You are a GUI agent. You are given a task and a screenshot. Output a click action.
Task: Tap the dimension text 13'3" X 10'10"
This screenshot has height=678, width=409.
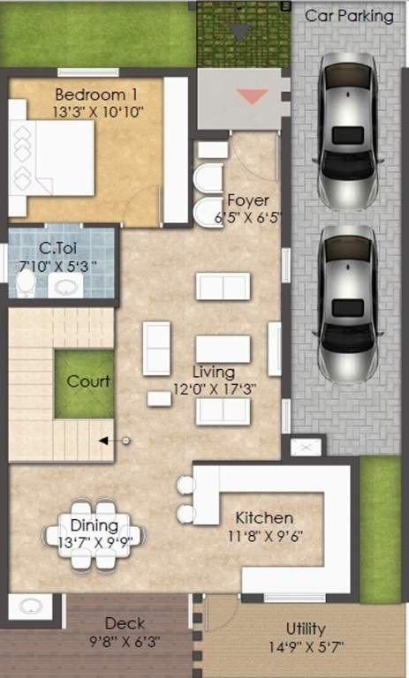[x=98, y=112]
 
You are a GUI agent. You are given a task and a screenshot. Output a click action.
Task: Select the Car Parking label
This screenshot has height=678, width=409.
[x=349, y=16]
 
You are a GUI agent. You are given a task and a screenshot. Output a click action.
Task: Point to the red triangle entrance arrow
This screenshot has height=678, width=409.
[x=253, y=96]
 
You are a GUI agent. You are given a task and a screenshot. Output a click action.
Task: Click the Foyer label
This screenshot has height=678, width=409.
[x=247, y=200]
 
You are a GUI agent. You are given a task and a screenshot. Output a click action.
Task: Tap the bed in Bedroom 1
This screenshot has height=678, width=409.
[x=51, y=157]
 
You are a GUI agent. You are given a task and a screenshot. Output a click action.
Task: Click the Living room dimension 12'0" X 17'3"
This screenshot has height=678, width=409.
[x=215, y=388]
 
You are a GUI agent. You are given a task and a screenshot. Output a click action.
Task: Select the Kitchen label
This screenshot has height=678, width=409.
[x=263, y=517]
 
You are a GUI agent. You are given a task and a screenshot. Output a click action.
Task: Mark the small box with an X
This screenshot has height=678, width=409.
[x=307, y=448]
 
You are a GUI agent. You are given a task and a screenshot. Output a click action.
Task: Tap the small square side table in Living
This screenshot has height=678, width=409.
[x=159, y=398]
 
